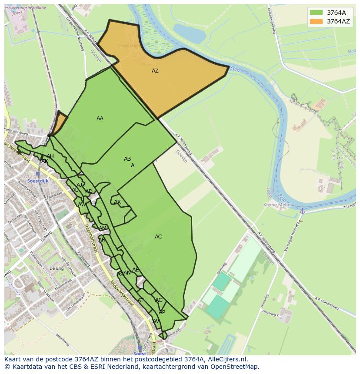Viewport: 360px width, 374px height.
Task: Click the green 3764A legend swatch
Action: [x=316, y=13]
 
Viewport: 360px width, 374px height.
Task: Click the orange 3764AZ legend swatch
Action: [x=316, y=21]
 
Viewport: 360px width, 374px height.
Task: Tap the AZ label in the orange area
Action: [x=155, y=71]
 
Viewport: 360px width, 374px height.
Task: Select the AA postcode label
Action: [x=100, y=119]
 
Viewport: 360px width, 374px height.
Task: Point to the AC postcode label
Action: [x=158, y=237]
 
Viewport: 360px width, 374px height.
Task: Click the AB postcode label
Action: [x=127, y=159]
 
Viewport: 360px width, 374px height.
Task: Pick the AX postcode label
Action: [x=117, y=202]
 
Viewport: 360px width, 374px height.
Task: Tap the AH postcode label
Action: [x=50, y=156]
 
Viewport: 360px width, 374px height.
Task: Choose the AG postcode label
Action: [x=159, y=300]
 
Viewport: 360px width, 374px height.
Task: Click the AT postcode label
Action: [x=140, y=301]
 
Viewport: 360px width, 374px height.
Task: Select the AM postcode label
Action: [x=103, y=228]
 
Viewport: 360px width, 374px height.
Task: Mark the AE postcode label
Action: [x=136, y=270]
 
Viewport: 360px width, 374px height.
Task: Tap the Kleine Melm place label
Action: [x=277, y=205]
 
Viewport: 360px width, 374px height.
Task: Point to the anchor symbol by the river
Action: [x=302, y=211]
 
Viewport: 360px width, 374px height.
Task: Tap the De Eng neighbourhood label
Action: [x=57, y=268]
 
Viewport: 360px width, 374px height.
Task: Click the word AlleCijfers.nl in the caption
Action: [x=226, y=359]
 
